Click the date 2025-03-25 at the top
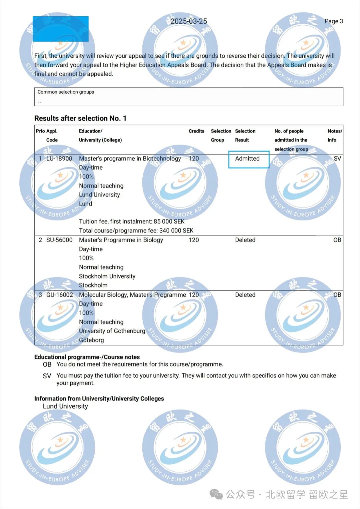point(189,21)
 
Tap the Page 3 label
point(334,21)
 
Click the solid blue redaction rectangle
point(61,29)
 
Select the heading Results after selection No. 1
point(80,118)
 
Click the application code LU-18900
point(59,159)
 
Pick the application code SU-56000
point(59,240)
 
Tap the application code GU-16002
point(59,295)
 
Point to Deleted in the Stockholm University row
point(245,240)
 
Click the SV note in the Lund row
point(337,159)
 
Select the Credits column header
point(196,131)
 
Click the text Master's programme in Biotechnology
point(130,159)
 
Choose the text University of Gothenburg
point(112,331)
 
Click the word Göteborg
point(91,340)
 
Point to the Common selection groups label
point(66,92)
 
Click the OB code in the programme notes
point(47,364)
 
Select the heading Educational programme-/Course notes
point(87,357)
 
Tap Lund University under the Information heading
point(65,406)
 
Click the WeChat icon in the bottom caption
point(216,494)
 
